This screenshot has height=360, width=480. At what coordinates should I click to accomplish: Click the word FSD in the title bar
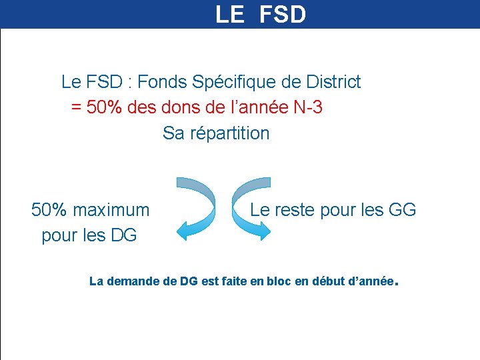(x=280, y=15)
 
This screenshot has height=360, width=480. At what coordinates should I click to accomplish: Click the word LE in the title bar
(x=230, y=15)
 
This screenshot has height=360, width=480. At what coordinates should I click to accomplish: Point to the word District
(x=333, y=82)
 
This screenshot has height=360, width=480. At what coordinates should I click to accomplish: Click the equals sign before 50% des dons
(x=76, y=107)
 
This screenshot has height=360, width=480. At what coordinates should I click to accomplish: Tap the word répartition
(x=230, y=133)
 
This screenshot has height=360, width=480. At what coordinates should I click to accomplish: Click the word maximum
(x=111, y=210)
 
